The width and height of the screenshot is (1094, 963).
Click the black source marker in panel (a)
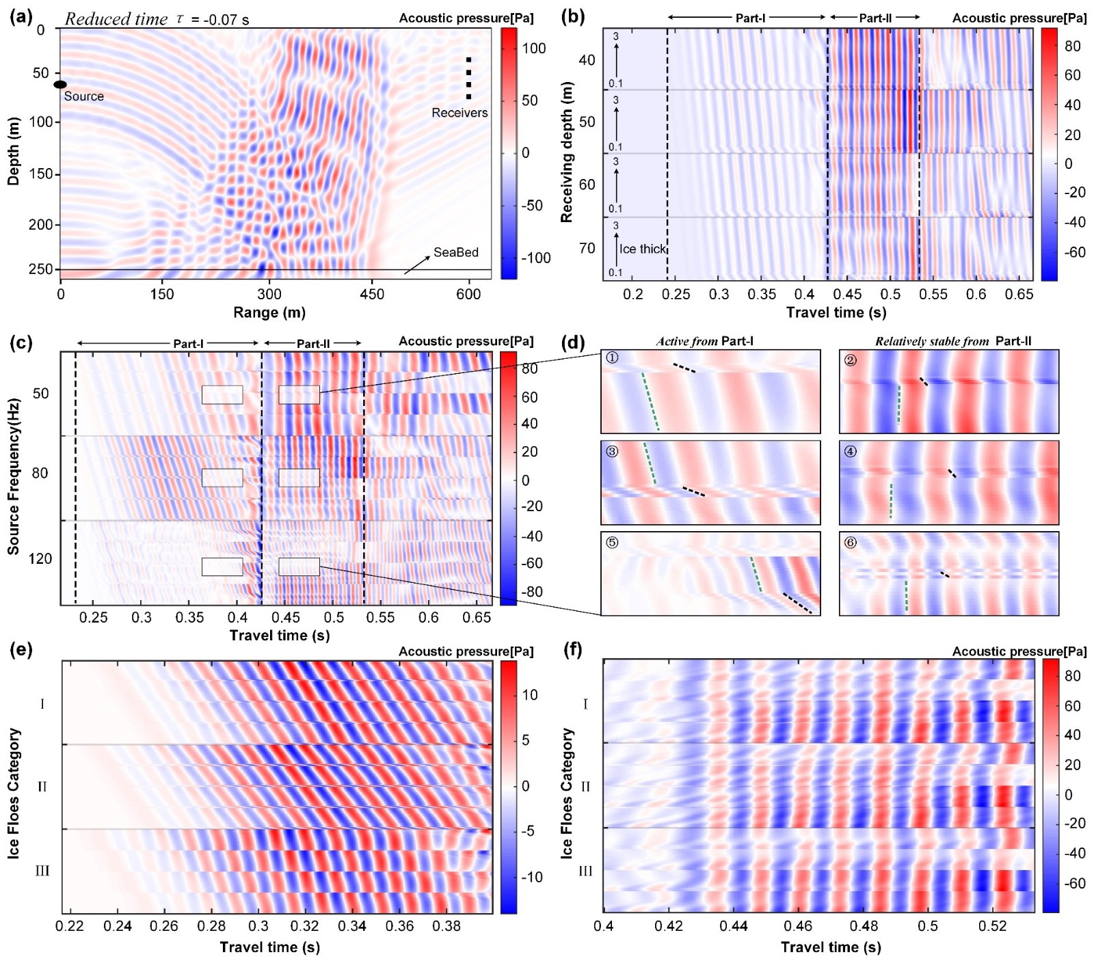[x=60, y=84]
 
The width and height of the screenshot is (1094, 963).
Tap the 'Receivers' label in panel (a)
[x=459, y=113]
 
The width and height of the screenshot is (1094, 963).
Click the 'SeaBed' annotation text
[x=456, y=252]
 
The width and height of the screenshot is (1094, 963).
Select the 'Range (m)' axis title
[x=269, y=312]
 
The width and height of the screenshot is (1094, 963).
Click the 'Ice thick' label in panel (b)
[x=642, y=249]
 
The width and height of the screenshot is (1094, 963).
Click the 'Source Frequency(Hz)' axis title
[x=14, y=476]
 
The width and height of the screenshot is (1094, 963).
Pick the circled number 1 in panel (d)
[x=612, y=357]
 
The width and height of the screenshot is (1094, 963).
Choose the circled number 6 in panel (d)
[x=850, y=543]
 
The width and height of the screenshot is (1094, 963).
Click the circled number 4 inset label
[x=850, y=451]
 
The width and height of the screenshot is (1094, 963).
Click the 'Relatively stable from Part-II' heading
[x=953, y=341]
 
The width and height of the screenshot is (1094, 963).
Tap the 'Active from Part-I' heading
[x=704, y=341]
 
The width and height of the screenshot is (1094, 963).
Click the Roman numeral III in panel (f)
[x=585, y=871]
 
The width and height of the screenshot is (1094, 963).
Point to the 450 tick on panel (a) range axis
[x=372, y=294]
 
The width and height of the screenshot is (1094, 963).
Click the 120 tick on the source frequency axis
[x=40, y=559]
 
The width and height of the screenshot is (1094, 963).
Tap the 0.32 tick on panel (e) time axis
[x=304, y=926]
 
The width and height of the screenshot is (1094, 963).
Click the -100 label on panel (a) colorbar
[x=536, y=258]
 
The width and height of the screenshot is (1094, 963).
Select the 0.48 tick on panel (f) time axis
[x=864, y=926]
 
